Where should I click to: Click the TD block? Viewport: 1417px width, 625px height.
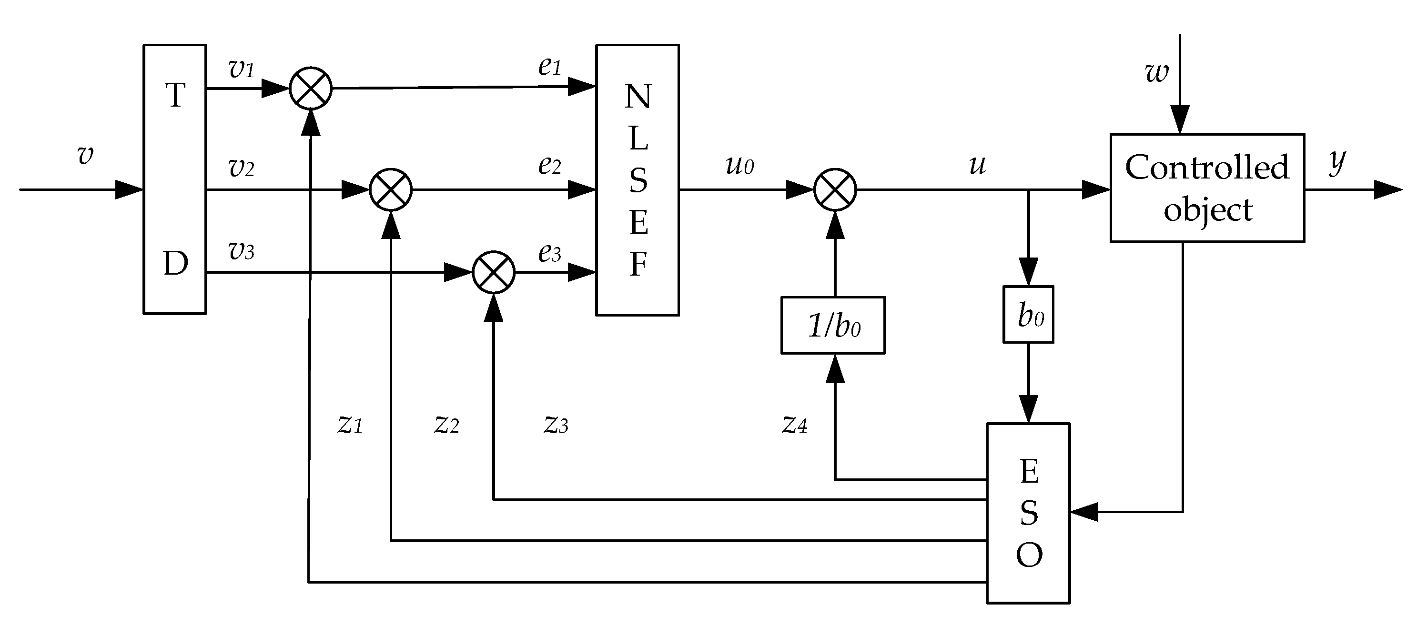175,179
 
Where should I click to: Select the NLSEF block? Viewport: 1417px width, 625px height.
637,180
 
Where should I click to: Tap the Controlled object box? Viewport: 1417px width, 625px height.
1207,188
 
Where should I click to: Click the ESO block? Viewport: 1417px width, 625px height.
1028,513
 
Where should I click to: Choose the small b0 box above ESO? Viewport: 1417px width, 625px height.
1028,315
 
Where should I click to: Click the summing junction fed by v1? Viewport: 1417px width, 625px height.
310,88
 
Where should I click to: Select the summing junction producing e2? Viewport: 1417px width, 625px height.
390,189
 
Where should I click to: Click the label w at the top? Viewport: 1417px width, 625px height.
1156,72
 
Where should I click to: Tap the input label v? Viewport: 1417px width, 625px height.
85,156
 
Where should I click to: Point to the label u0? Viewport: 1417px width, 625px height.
739,165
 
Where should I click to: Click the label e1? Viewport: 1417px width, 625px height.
549,67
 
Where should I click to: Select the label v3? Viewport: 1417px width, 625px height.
241,251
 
